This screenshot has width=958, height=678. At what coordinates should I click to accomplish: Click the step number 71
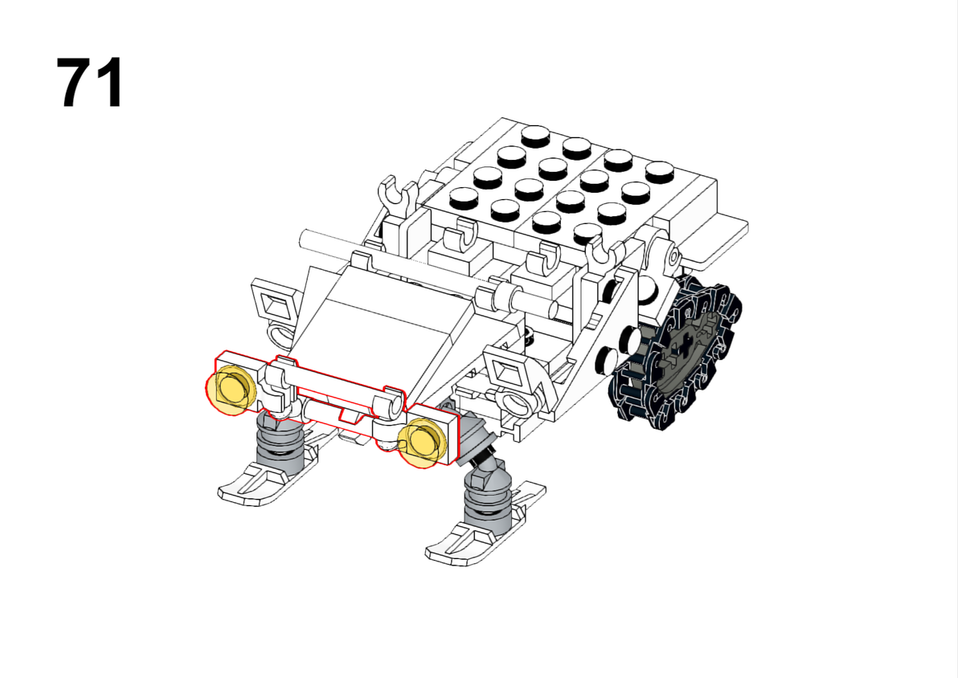91,83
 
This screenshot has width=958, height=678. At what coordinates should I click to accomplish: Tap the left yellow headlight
231,389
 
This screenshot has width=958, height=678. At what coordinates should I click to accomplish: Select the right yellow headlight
423,443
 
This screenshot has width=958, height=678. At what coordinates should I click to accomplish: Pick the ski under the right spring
485,525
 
